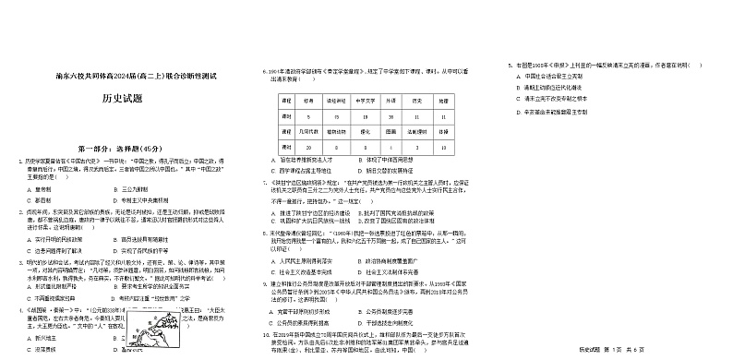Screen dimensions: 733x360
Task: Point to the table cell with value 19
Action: point(366,117)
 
